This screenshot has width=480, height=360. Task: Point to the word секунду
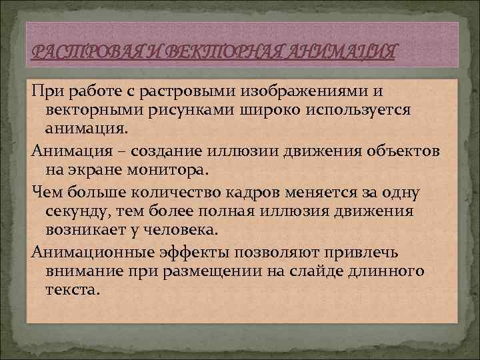pos(79,211)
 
